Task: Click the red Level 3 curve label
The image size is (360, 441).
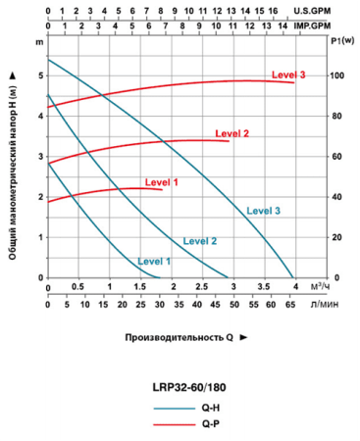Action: pos(288,75)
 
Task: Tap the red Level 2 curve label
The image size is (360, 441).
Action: pos(231,133)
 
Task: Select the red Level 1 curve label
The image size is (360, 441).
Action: pos(162,182)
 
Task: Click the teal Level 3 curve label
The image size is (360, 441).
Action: pos(264,211)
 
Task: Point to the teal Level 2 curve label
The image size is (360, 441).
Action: pos(200,240)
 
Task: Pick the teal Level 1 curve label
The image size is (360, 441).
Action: pos(154,261)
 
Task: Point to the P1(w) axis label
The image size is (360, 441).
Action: pos(340,41)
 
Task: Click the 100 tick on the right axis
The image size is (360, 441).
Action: pos(336,75)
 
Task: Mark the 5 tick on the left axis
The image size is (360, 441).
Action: pos(40,75)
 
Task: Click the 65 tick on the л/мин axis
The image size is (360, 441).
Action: pos(291,304)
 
